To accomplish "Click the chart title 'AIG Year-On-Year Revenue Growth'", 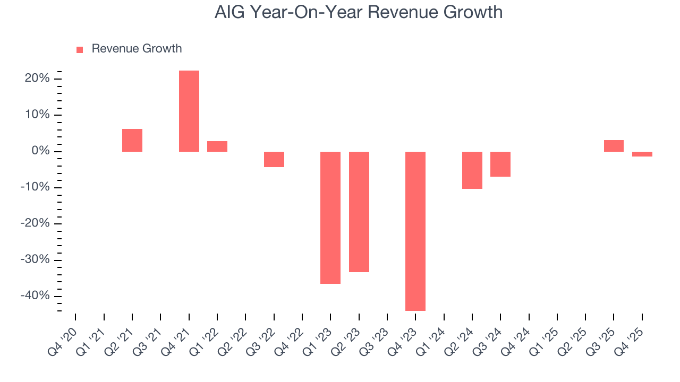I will tap(359, 12).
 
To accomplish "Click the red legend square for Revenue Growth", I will tap(80, 50).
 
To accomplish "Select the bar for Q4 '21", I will tap(189, 111).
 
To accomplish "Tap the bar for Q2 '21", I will tap(132, 140).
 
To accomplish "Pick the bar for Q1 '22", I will tap(217, 146).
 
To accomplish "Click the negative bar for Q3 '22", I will tap(274, 159).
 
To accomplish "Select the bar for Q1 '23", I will tap(330, 218).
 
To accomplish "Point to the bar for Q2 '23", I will tap(359, 212).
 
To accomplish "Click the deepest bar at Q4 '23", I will tap(415, 231).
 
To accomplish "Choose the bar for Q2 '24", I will tap(472, 170).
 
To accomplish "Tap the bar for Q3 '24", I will tap(500, 164).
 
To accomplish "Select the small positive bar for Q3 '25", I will tap(614, 146).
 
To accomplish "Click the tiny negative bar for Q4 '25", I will tap(642, 154).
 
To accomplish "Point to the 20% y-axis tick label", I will tap(37, 79).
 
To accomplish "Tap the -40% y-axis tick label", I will tap(36, 296).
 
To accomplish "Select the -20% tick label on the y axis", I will tap(36, 224).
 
